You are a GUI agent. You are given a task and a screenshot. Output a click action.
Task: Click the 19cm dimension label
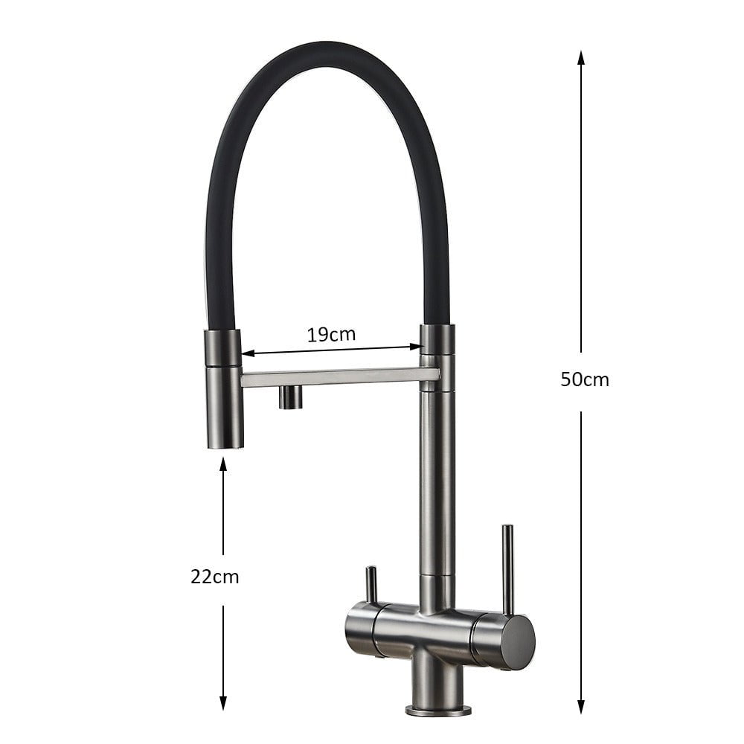pos(331,334)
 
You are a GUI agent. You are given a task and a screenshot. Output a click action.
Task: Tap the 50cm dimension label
pos(584,379)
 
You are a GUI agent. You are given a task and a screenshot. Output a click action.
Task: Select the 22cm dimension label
pos(214,576)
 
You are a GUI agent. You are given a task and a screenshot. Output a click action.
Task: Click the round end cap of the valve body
pos(519,642)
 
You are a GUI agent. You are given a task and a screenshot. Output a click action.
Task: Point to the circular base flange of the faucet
pos(438,709)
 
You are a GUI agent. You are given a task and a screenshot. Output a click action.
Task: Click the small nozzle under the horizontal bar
pos(291,397)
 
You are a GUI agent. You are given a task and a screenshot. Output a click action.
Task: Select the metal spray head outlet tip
pos(225,439)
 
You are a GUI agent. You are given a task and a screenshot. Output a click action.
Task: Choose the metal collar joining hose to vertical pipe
pos(437,339)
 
